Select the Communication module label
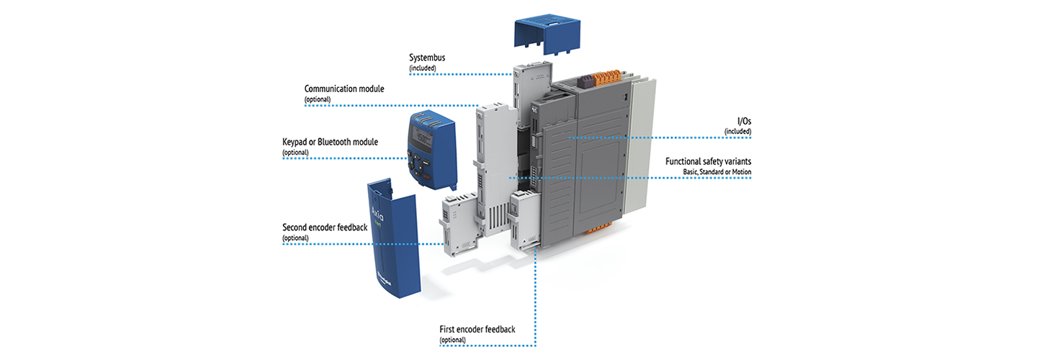click(x=344, y=89)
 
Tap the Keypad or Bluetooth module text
click(x=330, y=141)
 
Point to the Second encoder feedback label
click(x=325, y=228)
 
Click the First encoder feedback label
click(x=477, y=329)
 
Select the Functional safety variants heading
click(x=709, y=161)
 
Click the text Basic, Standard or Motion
click(x=717, y=172)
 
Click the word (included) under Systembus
click(x=423, y=68)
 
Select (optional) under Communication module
click(x=318, y=99)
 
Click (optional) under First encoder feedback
click(x=453, y=339)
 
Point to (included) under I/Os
click(x=738, y=131)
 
